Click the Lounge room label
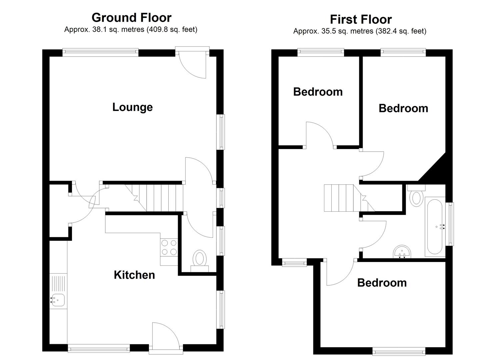[132, 107]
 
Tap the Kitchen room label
[134, 275]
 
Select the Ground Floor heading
[131, 18]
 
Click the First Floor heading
[361, 19]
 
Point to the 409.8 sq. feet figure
[172, 29]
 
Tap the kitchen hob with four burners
[169, 247]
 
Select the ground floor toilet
[200, 261]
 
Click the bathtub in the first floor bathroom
[435, 227]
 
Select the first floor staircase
[349, 198]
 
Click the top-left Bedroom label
[318, 92]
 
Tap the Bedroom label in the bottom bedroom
[382, 283]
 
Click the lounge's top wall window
[101, 52]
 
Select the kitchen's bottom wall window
[99, 349]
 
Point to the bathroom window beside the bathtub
[450, 224]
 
